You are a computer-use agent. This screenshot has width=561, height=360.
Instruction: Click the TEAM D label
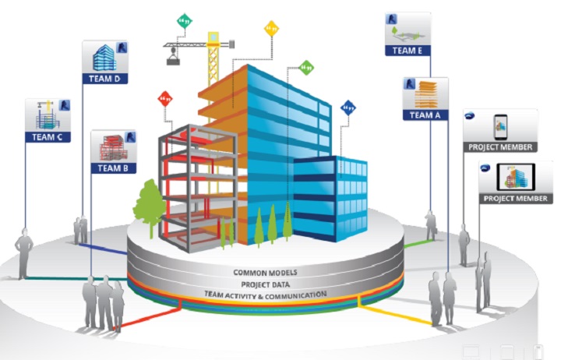click(104, 78)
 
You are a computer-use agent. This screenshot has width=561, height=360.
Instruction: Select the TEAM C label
click(48, 136)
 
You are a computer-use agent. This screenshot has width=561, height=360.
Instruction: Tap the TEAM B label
click(114, 167)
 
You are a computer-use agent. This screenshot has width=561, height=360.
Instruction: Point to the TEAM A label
click(425, 115)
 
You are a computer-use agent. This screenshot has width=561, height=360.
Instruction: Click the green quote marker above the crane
click(185, 21)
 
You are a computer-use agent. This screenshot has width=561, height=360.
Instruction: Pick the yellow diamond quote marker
click(271, 28)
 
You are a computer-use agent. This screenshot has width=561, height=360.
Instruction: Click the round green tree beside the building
click(149, 203)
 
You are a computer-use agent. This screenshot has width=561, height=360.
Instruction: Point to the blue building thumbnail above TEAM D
click(103, 57)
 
